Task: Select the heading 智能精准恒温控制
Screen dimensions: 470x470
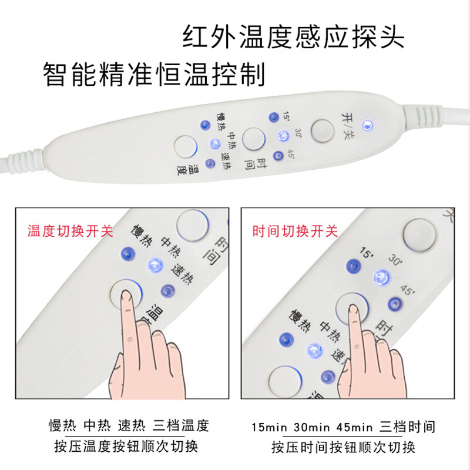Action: pyautogui.click(x=154, y=75)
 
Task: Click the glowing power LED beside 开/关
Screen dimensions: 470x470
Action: pyautogui.click(x=368, y=125)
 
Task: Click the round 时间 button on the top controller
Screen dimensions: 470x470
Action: pyautogui.click(x=254, y=139)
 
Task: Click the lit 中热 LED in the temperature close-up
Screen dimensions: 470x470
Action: pyautogui.click(x=155, y=264)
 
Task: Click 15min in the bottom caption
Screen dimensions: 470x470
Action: pyautogui.click(x=268, y=426)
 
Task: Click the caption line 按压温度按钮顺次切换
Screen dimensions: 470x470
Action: pyautogui.click(x=123, y=446)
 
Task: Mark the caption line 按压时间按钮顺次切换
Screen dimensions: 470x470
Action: pyautogui.click(x=343, y=446)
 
